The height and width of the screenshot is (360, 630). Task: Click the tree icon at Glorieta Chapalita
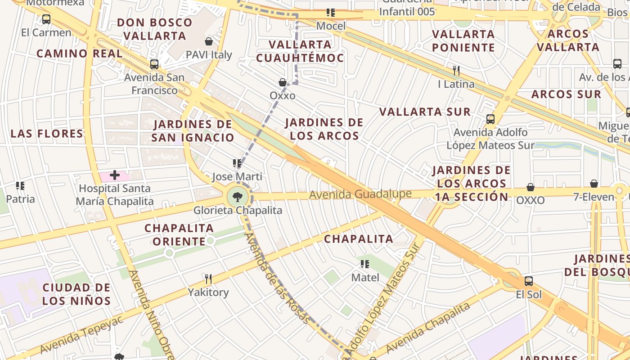point(237,197)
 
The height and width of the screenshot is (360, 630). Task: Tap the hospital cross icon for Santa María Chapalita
point(115,175)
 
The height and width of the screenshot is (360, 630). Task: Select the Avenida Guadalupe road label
point(360,194)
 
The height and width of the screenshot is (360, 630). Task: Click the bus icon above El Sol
point(529,281)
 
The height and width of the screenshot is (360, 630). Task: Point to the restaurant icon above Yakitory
point(208,279)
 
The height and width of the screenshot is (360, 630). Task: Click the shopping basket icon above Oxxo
point(283,82)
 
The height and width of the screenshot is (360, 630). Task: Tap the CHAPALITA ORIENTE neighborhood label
point(179,234)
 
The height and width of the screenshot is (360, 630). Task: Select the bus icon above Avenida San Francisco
point(154,64)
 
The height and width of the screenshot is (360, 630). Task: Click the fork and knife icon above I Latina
point(456,70)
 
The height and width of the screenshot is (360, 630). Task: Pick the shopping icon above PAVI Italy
point(209,42)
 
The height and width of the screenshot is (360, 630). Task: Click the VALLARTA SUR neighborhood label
point(425,112)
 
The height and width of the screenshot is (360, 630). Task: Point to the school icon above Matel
point(365,264)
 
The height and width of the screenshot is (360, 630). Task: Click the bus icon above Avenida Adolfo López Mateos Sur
point(490,119)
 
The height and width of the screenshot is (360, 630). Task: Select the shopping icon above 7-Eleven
point(594,184)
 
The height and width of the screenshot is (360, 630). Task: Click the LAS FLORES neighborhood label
point(47,134)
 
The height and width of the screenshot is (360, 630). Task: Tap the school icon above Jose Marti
point(237,163)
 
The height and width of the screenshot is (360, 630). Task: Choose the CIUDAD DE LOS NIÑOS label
point(76,294)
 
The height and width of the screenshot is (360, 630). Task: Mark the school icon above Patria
point(20,185)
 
